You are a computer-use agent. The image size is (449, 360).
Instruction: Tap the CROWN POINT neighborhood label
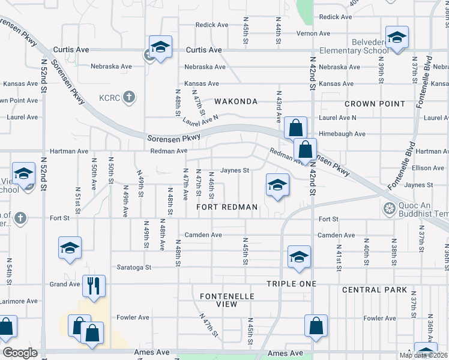(x=375, y=104)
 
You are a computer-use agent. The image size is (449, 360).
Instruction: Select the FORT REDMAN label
(x=227, y=207)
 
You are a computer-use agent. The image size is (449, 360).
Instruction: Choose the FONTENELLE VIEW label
(x=227, y=300)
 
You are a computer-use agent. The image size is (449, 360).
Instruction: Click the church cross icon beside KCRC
(x=128, y=96)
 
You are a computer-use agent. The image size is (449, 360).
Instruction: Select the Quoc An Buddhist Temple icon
(x=388, y=209)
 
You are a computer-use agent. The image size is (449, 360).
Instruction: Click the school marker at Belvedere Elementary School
(x=397, y=37)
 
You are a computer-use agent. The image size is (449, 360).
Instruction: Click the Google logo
(x=20, y=353)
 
